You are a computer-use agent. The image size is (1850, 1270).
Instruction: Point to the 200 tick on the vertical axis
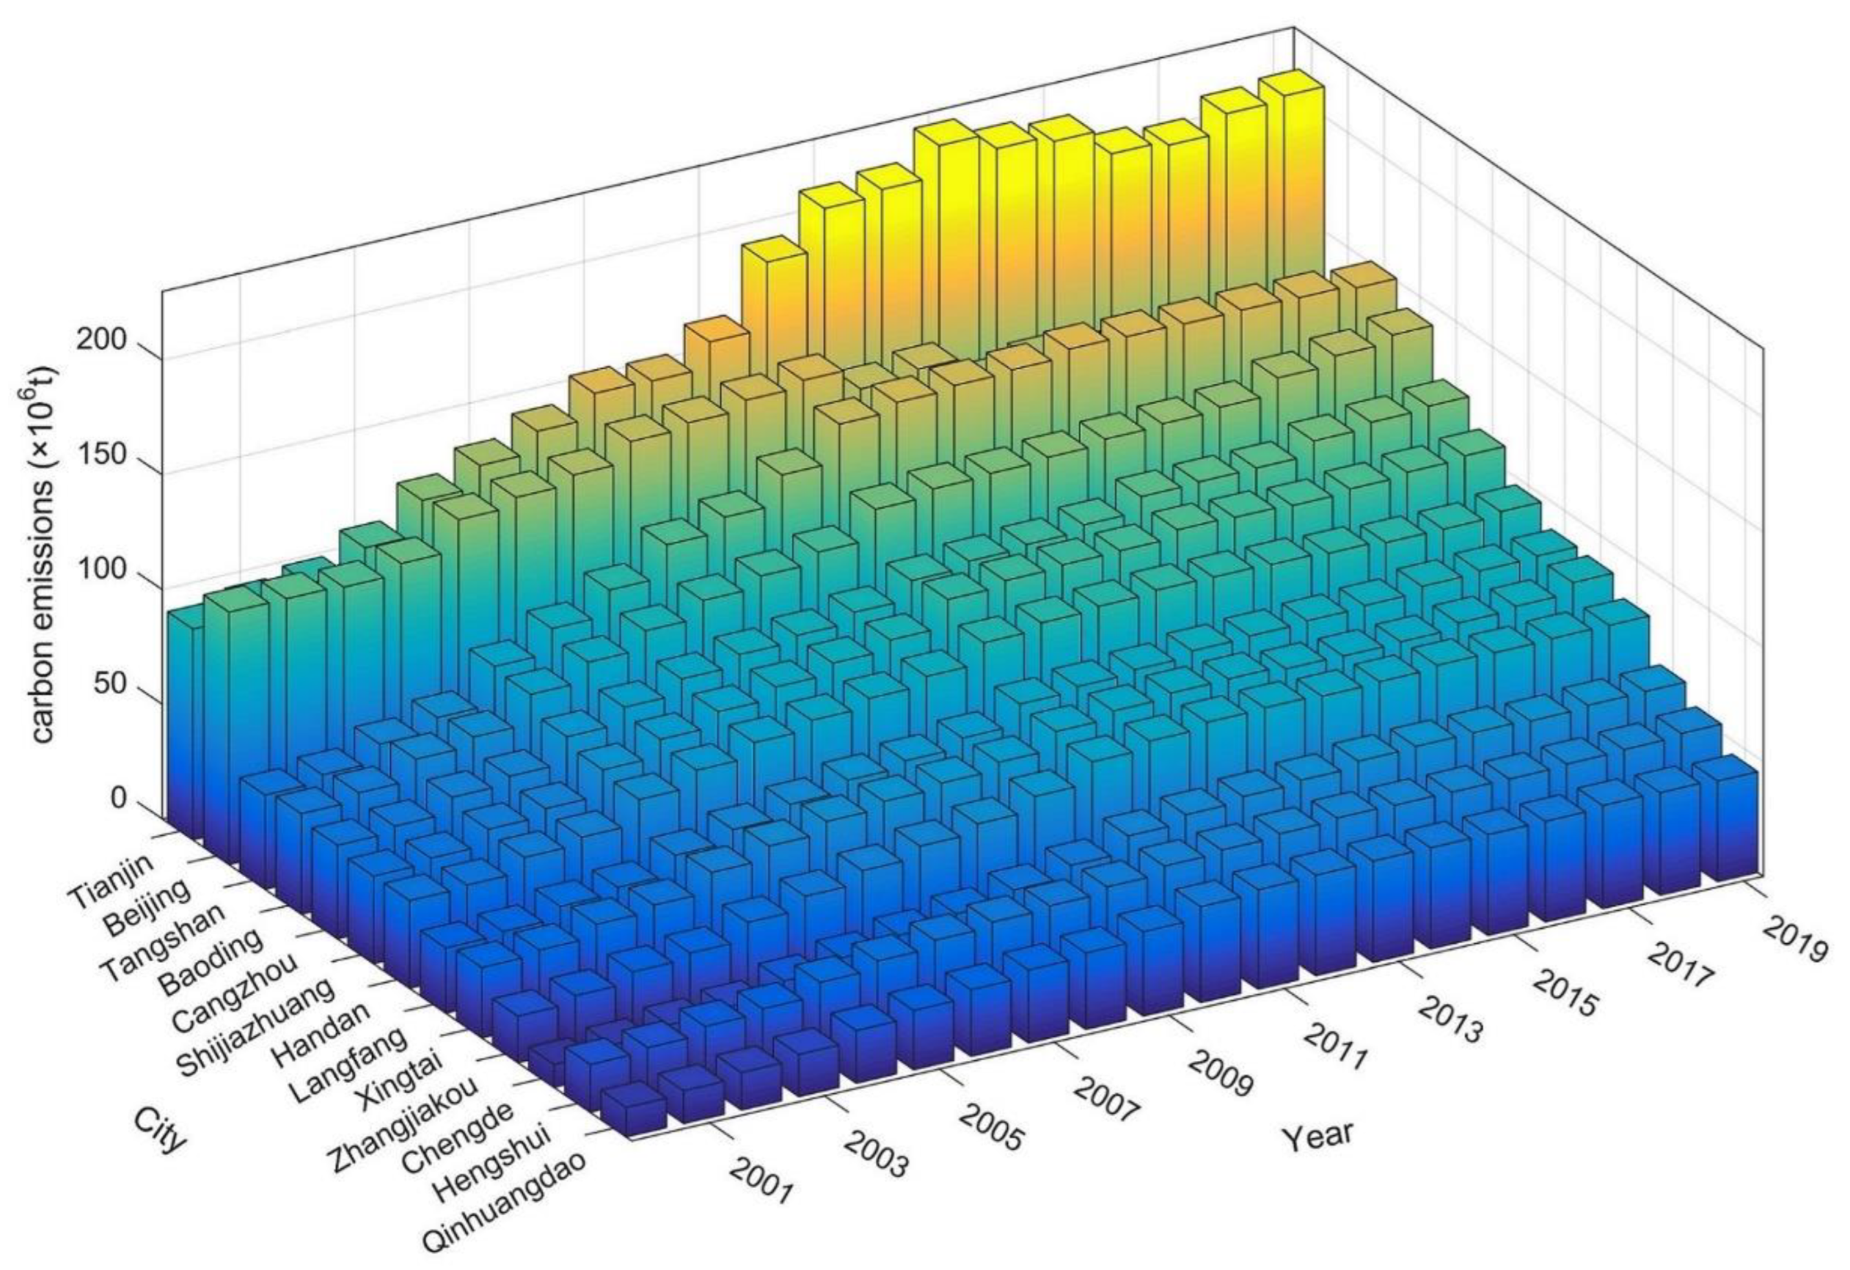click(x=101, y=340)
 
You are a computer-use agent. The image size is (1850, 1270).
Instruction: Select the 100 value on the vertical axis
click(x=101, y=571)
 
